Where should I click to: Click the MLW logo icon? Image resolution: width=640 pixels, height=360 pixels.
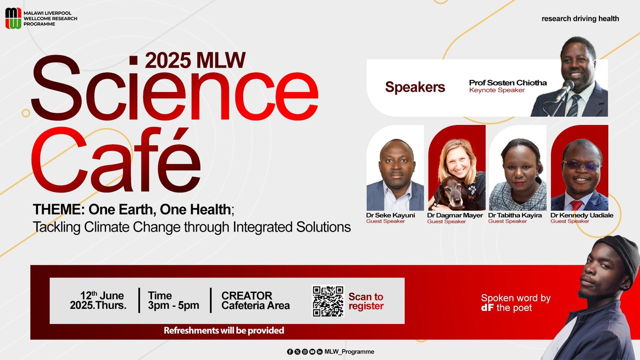coord(13,18)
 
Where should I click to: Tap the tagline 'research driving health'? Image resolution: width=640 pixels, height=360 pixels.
coord(580,19)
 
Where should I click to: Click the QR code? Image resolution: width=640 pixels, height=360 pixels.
coord(328,301)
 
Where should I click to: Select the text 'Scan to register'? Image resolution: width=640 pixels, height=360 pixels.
coord(366,301)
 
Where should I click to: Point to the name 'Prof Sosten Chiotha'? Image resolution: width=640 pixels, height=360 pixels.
coord(508,83)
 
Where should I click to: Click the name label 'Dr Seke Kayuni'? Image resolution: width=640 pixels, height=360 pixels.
coord(390,215)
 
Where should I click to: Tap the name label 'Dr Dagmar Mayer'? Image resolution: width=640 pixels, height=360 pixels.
coord(455,216)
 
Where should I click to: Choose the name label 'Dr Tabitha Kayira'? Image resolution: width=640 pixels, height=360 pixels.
coord(515,216)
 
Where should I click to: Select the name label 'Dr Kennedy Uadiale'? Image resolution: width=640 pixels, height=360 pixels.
coord(582,216)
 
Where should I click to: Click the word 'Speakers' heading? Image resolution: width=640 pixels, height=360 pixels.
coord(415,87)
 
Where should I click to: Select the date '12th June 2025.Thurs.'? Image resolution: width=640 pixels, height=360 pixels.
coord(98,300)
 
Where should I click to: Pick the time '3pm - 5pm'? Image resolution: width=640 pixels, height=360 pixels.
coord(174,306)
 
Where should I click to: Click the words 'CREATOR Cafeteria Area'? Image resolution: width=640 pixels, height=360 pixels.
coord(256,300)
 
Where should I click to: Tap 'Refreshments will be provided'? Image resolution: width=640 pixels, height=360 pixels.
coord(224,330)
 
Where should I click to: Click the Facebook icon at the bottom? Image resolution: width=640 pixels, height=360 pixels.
coord(290,352)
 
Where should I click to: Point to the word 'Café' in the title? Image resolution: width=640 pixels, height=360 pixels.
coord(116,160)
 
